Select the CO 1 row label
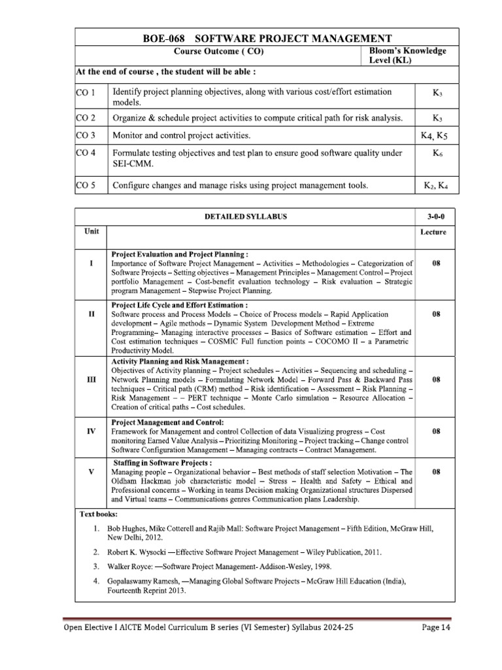86,92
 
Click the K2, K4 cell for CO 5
435,186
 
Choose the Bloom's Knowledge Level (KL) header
408,56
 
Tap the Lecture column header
433,232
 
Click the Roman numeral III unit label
92,379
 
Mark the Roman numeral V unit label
92,471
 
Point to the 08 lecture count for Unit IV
435,431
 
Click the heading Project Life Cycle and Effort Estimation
180,305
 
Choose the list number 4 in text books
95,581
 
